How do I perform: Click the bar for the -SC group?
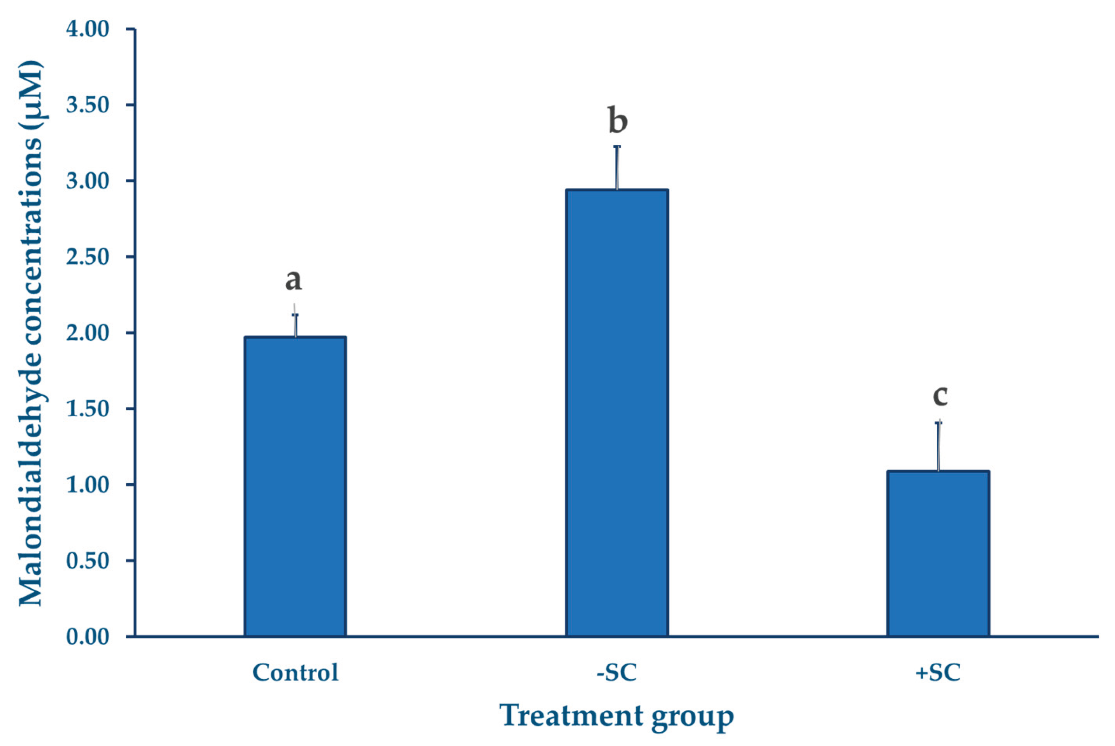pyautogui.click(x=617, y=413)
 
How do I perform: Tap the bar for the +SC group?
pyautogui.click(x=938, y=553)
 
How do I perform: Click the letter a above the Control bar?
pyautogui.click(x=293, y=280)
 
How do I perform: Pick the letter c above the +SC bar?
pyautogui.click(x=940, y=396)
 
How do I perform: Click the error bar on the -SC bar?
pyautogui.click(x=617, y=168)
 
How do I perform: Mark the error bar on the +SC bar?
pyautogui.click(x=938, y=446)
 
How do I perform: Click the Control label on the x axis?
pyautogui.click(x=295, y=673)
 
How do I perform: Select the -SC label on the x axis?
pyautogui.click(x=617, y=673)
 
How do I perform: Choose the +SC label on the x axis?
pyautogui.click(x=938, y=673)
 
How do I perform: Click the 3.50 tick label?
pyautogui.click(x=87, y=105)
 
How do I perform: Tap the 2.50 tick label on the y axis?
pyautogui.click(x=87, y=257)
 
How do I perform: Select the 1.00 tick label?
pyautogui.click(x=87, y=485)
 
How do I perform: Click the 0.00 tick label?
pyautogui.click(x=87, y=637)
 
